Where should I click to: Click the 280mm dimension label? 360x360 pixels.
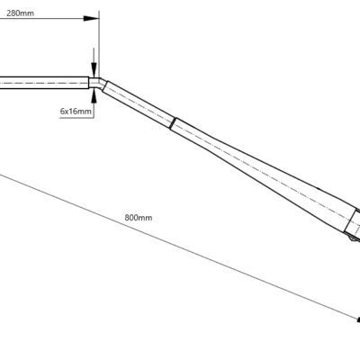pos(20,13)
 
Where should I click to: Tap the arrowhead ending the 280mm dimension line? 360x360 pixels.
pos(91,19)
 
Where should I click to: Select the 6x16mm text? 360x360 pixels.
pos(76,112)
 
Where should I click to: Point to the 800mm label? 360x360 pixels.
pos(139,218)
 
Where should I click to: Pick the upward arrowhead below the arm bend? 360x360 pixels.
pos(94,96)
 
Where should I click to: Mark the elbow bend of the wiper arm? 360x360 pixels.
pos(98,83)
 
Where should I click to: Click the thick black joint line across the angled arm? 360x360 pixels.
pos(173,123)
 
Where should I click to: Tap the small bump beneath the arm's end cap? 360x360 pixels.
pos(353,238)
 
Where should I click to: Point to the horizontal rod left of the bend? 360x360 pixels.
pos(44,83)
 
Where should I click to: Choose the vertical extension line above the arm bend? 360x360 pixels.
pos(99,44)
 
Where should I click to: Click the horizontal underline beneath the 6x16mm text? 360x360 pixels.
pos(77,118)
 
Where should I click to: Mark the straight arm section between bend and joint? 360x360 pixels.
pos(139,104)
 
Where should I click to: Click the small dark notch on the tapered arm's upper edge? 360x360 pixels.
pos(319,189)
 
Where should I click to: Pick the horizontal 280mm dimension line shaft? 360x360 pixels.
pos(46,19)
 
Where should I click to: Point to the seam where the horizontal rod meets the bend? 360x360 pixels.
pos(89,83)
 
